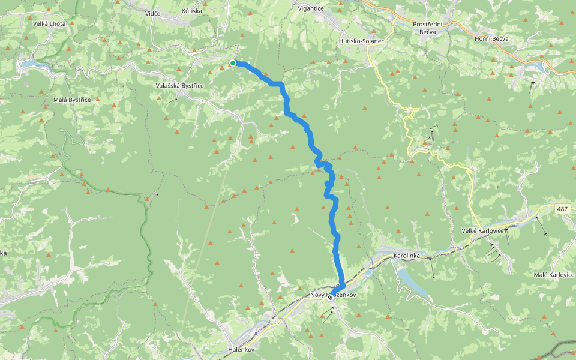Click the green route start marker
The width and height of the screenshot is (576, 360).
click(x=233, y=62)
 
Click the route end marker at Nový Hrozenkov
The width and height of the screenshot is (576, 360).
click(x=330, y=297)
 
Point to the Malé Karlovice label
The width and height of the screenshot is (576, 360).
click(x=554, y=274)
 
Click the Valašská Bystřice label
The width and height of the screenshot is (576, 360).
click(x=180, y=86)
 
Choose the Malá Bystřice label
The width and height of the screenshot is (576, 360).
click(x=72, y=100)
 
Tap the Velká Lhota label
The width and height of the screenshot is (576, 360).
click(x=51, y=23)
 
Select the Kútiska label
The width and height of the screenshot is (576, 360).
click(x=192, y=11)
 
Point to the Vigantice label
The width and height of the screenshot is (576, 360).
click(x=310, y=8)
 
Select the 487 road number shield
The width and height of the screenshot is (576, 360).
click(x=562, y=209)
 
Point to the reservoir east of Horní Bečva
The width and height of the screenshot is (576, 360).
click(x=544, y=67)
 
